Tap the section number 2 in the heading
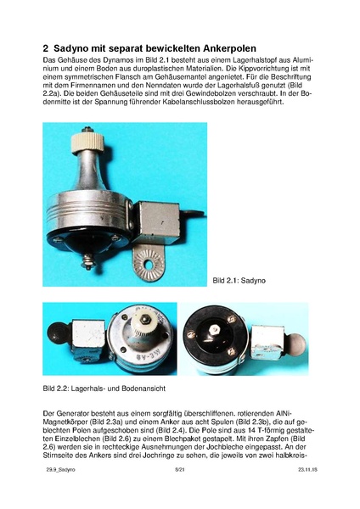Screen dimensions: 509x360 pyautogui.click(x=47, y=48)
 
